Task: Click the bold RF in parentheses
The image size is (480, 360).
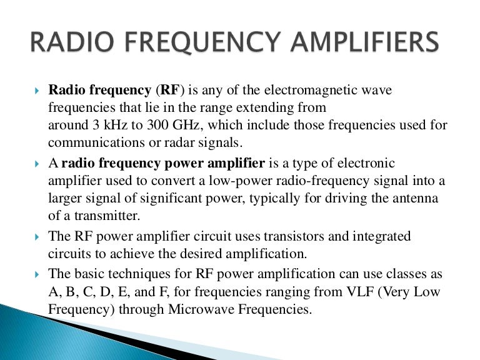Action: [170, 91]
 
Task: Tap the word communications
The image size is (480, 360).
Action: [94, 141]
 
